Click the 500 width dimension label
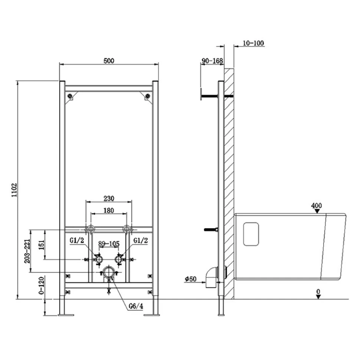click(x=109, y=61)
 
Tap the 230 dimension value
click(x=109, y=198)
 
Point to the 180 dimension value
click(x=109, y=210)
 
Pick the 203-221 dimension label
click(x=27, y=251)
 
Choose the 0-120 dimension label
click(x=41, y=286)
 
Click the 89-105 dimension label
click(x=109, y=243)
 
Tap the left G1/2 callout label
click(x=77, y=240)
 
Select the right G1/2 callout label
click(x=141, y=240)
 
